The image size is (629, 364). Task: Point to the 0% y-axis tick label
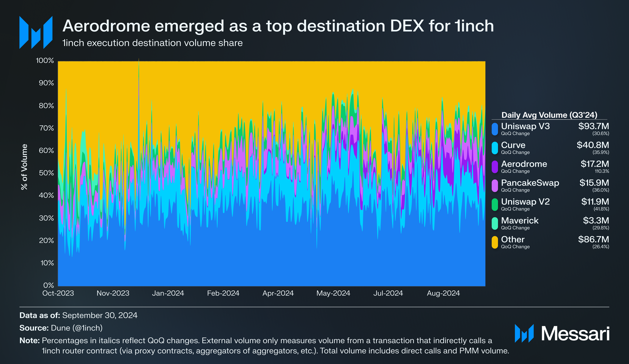[x=48, y=285]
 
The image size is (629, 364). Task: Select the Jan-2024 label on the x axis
[x=168, y=293]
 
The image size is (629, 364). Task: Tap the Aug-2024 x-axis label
[x=443, y=293]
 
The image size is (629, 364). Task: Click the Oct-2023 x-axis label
[x=58, y=293]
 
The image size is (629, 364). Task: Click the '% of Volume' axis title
[x=24, y=167]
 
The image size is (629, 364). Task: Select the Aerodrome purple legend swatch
[x=495, y=167]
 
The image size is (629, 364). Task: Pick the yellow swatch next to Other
[x=495, y=242]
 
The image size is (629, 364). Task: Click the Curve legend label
[x=513, y=145]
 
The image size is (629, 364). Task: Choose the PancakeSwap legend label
[x=530, y=183]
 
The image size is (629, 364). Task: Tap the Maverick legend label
[x=519, y=220]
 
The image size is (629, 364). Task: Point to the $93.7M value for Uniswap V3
[x=593, y=126]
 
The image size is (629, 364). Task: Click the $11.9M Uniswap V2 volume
[x=595, y=202]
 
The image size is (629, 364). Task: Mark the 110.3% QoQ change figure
[x=602, y=171]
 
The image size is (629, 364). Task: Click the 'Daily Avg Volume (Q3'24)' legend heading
[x=549, y=115]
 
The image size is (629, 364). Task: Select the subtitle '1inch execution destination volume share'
[x=152, y=43]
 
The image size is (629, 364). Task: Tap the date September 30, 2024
[x=100, y=315]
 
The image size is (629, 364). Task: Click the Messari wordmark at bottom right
[x=575, y=334]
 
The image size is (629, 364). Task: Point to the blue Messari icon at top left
[x=36, y=32]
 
